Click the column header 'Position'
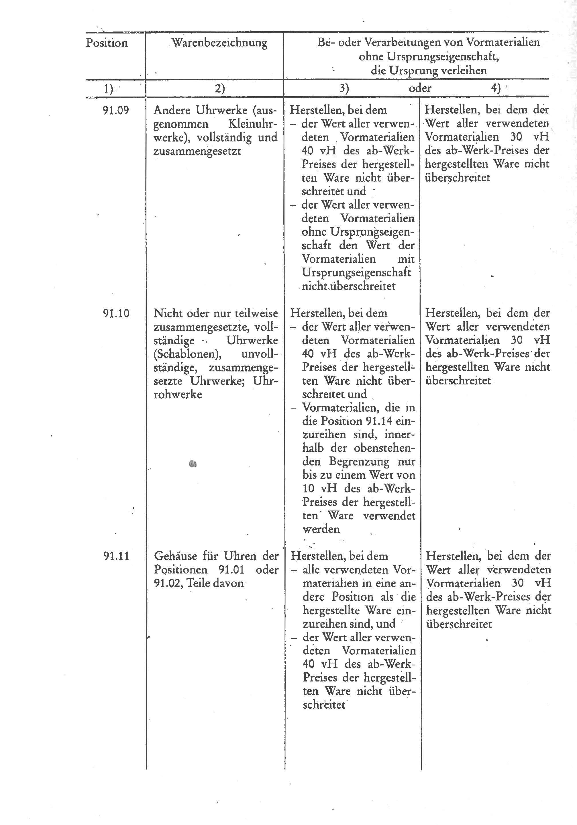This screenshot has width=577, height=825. pyautogui.click(x=107, y=43)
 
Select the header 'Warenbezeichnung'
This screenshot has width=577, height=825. pyautogui.click(x=219, y=43)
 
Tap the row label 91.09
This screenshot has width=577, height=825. pyautogui.click(x=116, y=110)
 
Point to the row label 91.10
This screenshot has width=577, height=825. pyautogui.click(x=116, y=313)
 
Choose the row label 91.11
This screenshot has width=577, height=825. pyautogui.click(x=116, y=557)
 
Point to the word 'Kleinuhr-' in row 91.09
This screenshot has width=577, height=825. pyautogui.click(x=253, y=124)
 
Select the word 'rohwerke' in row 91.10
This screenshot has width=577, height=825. pyautogui.click(x=177, y=394)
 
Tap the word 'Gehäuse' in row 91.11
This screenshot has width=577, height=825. pyautogui.click(x=176, y=557)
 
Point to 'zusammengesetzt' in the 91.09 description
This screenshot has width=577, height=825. pyautogui.click(x=197, y=151)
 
